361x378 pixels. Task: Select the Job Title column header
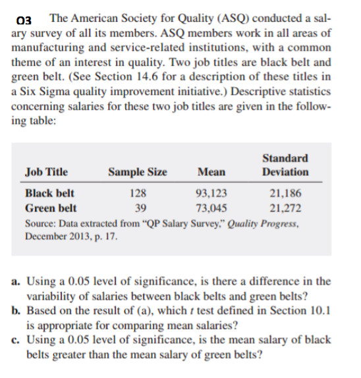[x=45, y=173]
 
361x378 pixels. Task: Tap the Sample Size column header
[x=138, y=173]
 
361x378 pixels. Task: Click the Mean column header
[x=210, y=173]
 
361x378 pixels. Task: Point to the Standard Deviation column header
[x=285, y=165]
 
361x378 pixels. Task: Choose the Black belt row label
[x=49, y=194]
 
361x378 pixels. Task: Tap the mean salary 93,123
[x=211, y=194]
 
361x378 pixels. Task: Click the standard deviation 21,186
[x=286, y=194]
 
